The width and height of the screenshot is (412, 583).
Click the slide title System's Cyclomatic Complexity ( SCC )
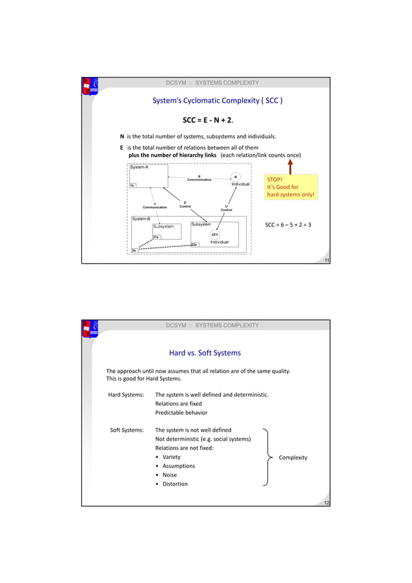click(x=216, y=101)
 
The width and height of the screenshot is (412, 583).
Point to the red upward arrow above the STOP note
click(x=290, y=167)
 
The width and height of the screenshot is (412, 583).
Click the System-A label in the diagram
click(x=139, y=167)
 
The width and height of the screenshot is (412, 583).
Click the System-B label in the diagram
click(x=141, y=219)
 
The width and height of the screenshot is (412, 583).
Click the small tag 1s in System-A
click(x=132, y=185)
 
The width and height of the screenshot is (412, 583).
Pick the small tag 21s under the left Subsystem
click(x=156, y=237)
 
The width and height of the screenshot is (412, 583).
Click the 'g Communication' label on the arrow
click(x=199, y=178)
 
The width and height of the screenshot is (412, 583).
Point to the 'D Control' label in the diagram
click(x=185, y=204)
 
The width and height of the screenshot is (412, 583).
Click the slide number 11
click(x=327, y=260)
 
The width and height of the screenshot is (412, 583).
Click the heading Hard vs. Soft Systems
click(x=205, y=353)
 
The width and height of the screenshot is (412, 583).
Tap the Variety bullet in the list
click(x=171, y=457)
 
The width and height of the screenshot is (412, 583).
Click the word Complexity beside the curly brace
click(x=293, y=458)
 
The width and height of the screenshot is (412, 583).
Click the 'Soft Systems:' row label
click(x=127, y=430)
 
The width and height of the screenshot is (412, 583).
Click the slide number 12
click(x=327, y=503)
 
